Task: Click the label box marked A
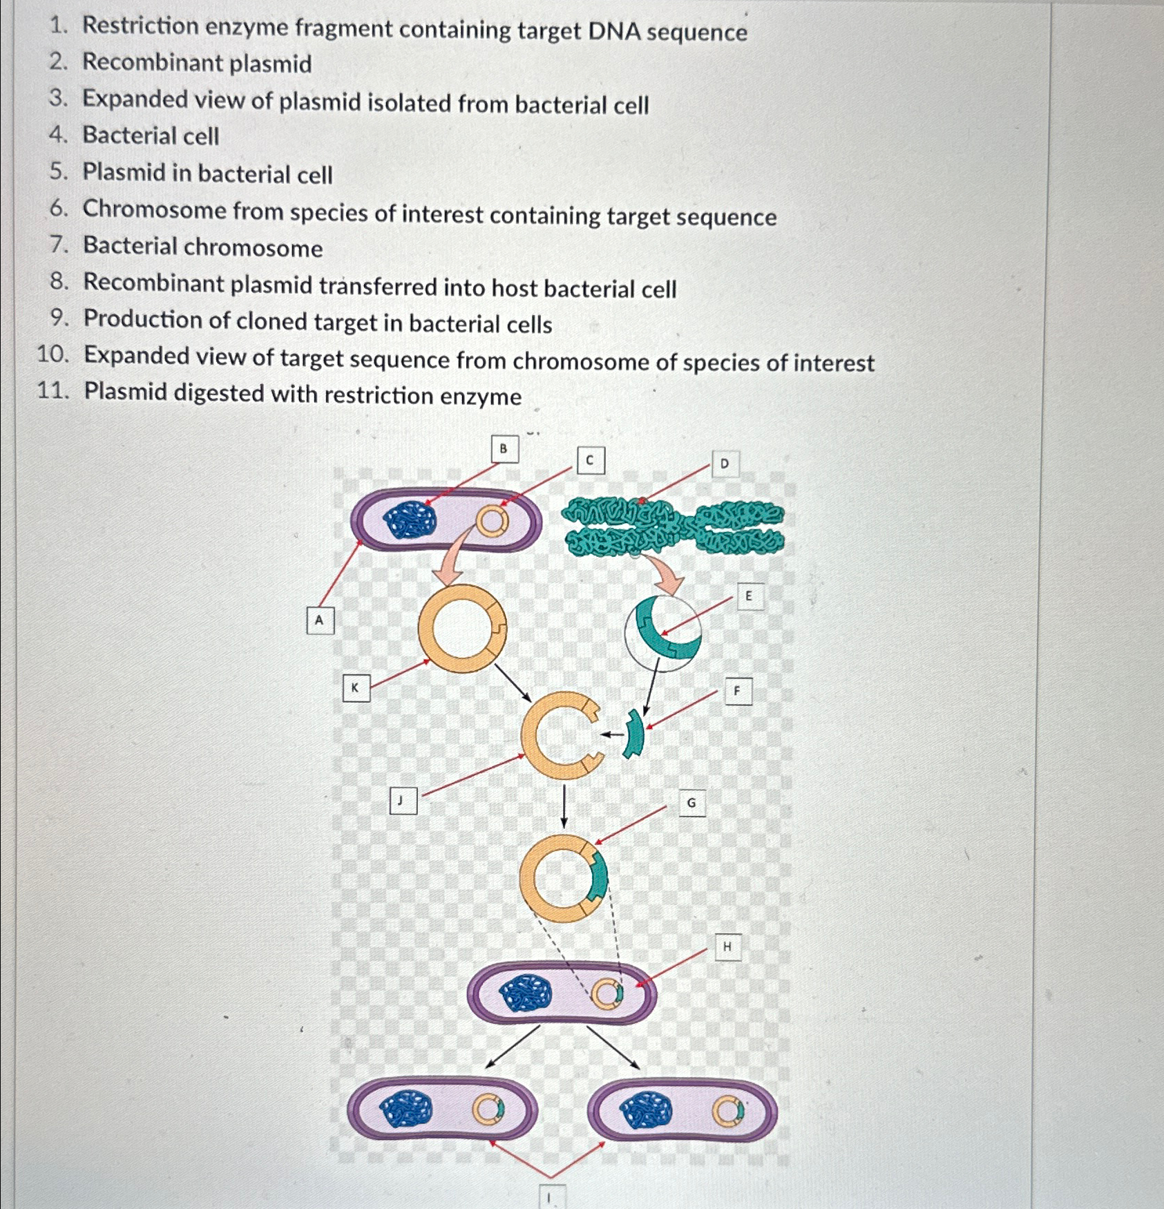320,620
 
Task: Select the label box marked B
504,449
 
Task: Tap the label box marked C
590,461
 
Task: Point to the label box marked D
725,464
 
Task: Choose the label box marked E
750,596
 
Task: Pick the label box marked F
738,690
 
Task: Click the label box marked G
691,803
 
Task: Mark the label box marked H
727,946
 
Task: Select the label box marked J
403,800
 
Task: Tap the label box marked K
356,687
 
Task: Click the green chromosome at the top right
674,529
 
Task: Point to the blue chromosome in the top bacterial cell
410,520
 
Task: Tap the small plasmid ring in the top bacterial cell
492,522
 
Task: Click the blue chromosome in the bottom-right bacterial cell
646,1110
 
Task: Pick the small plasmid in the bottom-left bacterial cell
488,1110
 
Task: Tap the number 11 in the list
53,391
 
